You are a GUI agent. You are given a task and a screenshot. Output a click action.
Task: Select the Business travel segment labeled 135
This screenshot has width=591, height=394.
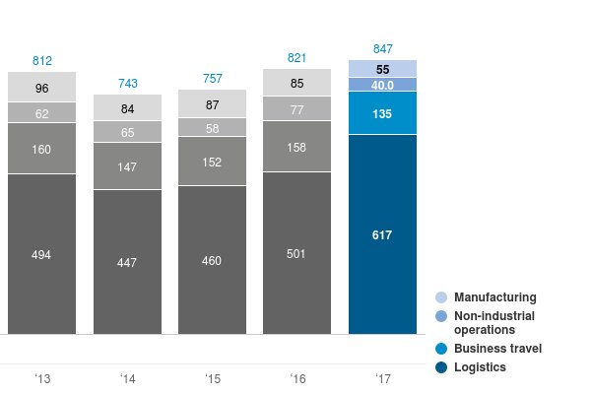382,112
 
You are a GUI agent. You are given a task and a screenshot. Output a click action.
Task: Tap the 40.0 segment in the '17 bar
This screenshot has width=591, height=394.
382,85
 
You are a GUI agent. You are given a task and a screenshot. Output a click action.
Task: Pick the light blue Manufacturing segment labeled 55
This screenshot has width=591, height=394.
382,68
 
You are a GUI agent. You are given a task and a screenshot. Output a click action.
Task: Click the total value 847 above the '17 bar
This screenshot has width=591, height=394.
382,48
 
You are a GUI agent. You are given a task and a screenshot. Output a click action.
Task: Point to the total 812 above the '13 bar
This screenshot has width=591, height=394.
41,60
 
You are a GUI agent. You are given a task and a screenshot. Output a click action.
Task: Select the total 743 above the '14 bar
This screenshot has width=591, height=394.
127,83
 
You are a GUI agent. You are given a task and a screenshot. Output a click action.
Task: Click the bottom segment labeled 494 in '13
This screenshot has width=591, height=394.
41,254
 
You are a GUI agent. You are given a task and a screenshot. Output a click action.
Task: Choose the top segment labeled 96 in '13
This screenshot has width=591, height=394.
41,88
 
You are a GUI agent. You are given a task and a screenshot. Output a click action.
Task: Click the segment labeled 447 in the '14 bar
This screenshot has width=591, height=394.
127,262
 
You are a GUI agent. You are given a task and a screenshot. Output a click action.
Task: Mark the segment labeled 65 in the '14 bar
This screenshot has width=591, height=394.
127,131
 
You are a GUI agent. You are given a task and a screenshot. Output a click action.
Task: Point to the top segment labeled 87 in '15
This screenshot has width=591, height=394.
212,104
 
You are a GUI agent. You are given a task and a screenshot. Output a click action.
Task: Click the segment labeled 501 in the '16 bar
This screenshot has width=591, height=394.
296,253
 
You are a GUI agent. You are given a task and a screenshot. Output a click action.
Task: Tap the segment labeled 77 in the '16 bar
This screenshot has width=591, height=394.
296,109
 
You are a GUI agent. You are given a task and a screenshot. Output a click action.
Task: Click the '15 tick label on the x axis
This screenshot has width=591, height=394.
212,377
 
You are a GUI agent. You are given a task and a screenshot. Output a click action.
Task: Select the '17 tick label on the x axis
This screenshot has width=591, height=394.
382,377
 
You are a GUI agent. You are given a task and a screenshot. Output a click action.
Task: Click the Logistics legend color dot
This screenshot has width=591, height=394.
441,367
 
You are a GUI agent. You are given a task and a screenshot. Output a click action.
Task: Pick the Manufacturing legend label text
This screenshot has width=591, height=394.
495,297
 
